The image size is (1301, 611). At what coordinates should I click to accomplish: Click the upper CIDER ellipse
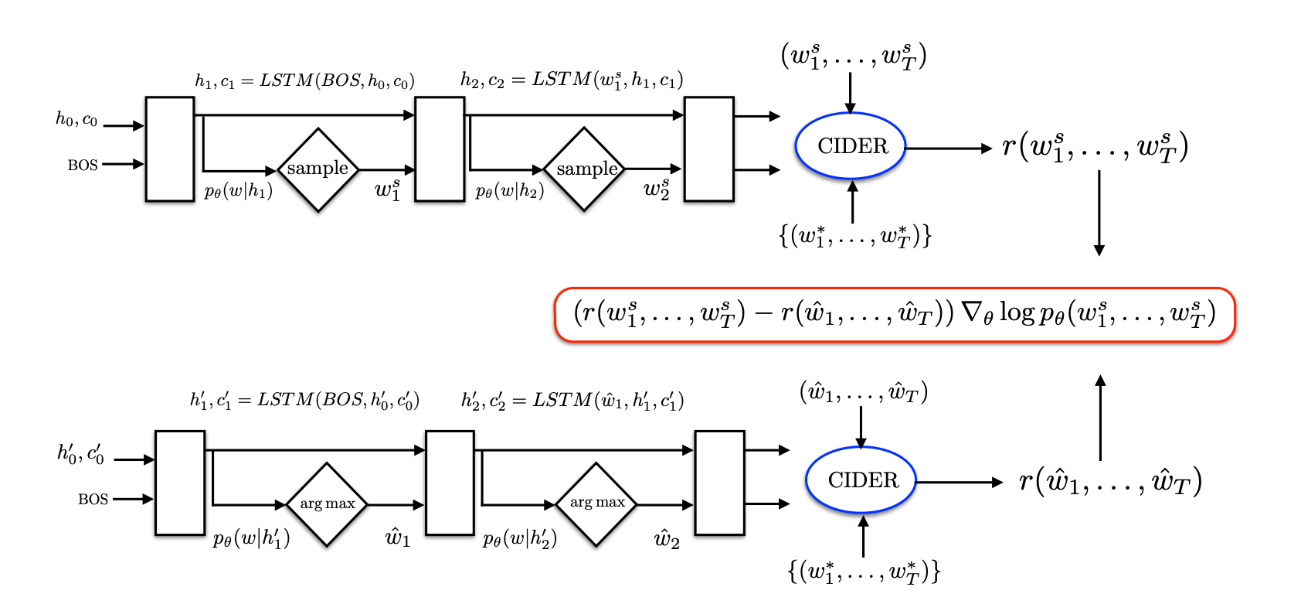tap(851, 146)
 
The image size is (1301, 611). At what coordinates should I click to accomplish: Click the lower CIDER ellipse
tap(861, 480)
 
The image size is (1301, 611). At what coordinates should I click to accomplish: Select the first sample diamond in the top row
tap(318, 169)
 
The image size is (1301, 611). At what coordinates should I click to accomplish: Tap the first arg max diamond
tap(327, 504)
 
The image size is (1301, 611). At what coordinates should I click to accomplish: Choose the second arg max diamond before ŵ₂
tap(596, 503)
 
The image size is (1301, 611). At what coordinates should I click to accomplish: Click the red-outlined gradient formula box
tap(895, 314)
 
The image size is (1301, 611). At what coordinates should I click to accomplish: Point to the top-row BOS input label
tap(83, 165)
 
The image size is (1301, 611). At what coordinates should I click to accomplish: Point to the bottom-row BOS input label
tap(93, 500)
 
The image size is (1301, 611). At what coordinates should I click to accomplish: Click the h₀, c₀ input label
tap(76, 119)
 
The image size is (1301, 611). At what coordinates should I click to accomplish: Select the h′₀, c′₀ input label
tap(80, 453)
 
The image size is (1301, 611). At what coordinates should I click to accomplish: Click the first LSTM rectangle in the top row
tap(170, 149)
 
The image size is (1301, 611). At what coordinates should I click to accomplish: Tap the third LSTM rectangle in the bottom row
tap(719, 483)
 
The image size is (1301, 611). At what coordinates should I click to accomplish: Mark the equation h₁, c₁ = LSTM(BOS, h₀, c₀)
tap(304, 80)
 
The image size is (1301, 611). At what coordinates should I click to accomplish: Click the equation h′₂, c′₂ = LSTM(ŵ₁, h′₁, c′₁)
tap(572, 400)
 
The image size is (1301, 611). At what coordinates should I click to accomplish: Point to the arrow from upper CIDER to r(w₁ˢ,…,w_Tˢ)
tap(949, 148)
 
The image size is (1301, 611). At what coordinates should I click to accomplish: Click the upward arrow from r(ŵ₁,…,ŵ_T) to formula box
tap(1100, 418)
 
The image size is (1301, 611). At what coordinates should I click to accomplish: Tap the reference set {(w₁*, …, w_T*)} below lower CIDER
tap(863, 572)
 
